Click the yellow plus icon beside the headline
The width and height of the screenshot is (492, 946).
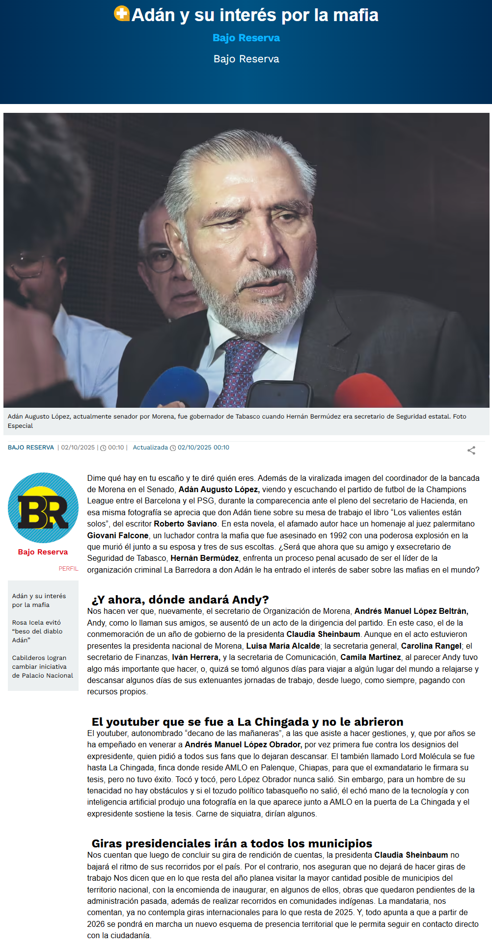pyautogui.click(x=121, y=14)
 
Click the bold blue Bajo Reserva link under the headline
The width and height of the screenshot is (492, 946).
pyautogui.click(x=246, y=38)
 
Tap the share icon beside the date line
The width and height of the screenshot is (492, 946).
pyautogui.click(x=471, y=450)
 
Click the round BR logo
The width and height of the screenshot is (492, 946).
pyautogui.click(x=43, y=508)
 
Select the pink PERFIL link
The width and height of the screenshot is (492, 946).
pyautogui.click(x=68, y=569)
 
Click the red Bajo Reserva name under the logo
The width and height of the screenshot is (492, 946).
pyautogui.click(x=43, y=552)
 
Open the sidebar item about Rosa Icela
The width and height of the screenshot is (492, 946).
pyautogui.click(x=37, y=631)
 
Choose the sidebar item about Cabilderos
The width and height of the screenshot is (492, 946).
pyautogui.click(x=42, y=666)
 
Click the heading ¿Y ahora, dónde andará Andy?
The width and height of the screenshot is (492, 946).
pyautogui.click(x=180, y=600)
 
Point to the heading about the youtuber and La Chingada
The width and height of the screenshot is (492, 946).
pyautogui.click(x=247, y=722)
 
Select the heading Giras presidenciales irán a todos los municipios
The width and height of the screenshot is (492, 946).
pyautogui.click(x=232, y=843)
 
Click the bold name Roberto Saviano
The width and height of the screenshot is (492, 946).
pyautogui.click(x=185, y=524)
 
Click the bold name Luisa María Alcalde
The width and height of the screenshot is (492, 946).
pyautogui.click(x=283, y=646)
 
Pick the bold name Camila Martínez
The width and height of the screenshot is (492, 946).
pyautogui.click(x=370, y=657)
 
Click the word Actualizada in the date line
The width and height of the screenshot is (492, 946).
pyautogui.click(x=150, y=447)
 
